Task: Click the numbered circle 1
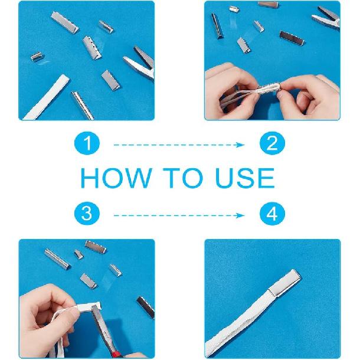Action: click(87, 143)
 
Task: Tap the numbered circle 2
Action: click(272, 143)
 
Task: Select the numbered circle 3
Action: click(87, 214)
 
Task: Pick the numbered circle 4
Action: click(272, 214)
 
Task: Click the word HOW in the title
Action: click(116, 178)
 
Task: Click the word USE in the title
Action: click(245, 178)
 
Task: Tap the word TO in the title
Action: click(183, 178)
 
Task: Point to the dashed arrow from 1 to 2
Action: click(179, 145)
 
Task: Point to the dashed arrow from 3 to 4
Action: click(179, 215)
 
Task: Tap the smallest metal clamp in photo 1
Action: click(37, 56)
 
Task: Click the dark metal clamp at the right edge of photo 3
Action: click(146, 307)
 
